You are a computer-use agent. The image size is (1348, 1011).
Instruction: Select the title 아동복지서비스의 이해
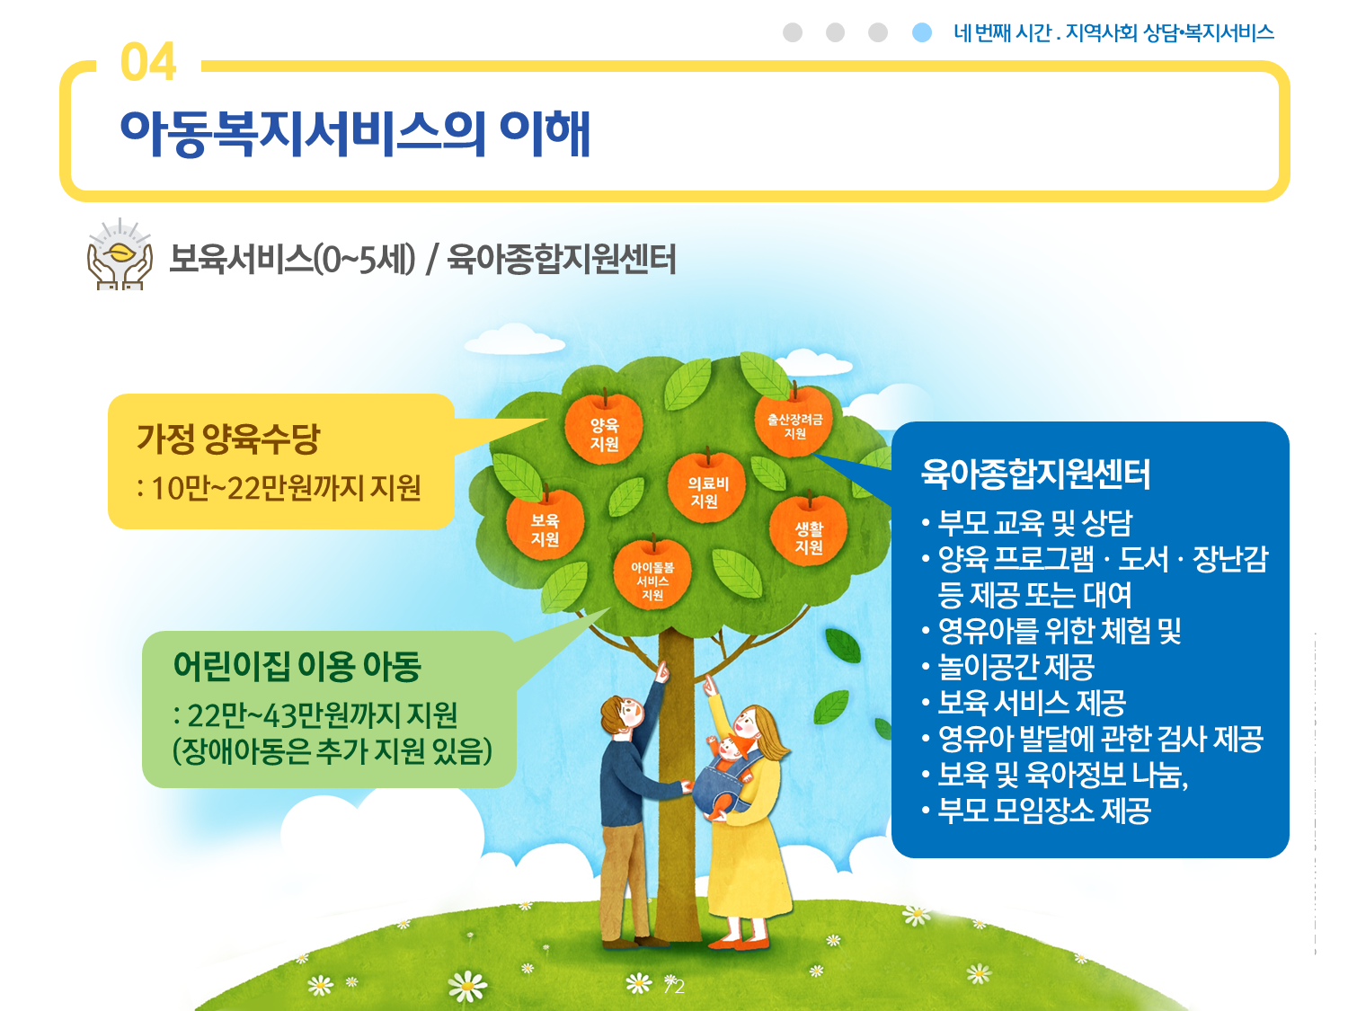(355, 133)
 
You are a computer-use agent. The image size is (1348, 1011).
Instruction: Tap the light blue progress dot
(922, 32)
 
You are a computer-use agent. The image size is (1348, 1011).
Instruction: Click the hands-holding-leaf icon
(120, 253)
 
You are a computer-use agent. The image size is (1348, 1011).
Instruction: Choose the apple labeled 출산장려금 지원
(794, 421)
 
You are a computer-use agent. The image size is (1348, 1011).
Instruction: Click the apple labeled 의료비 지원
(706, 488)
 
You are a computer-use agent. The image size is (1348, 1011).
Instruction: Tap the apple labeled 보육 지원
(545, 525)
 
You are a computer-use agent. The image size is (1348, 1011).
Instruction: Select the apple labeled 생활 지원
(809, 532)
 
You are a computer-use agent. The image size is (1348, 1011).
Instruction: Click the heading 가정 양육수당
(228, 439)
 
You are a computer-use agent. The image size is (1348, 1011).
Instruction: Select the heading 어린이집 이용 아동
(297, 666)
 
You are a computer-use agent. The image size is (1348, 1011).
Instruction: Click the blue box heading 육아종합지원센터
(1035, 474)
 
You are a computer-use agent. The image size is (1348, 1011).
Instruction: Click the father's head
(622, 715)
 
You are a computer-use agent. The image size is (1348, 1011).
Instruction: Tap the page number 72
(674, 987)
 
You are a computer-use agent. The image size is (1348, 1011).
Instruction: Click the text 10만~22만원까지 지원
(286, 488)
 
